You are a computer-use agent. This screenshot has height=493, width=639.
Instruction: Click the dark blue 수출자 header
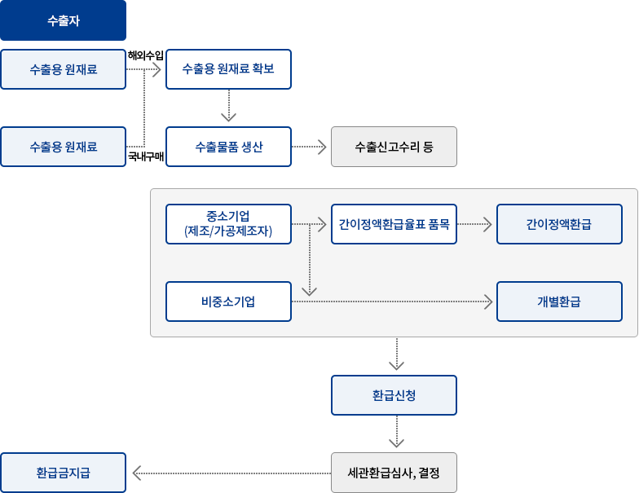[64, 20]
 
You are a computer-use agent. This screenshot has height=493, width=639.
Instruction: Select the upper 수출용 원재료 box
[64, 69]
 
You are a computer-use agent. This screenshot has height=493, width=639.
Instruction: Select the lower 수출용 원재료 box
[64, 147]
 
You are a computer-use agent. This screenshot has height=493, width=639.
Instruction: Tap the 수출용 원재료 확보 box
[228, 69]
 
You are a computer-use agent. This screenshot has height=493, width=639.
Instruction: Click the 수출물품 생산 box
[228, 147]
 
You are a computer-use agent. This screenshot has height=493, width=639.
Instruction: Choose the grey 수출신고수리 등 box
[394, 147]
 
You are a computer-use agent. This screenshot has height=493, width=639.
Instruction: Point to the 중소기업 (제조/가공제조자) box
[228, 223]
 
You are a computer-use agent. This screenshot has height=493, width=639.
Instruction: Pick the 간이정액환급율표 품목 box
[394, 223]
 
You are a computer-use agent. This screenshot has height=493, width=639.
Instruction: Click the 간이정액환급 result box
[559, 223]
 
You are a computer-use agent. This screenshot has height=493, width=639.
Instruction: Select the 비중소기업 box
[228, 302]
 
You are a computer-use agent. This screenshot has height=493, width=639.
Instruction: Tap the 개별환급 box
[559, 302]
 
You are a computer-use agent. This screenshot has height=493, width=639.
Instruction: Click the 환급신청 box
[394, 395]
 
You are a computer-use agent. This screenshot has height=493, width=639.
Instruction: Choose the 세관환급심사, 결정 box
[394, 473]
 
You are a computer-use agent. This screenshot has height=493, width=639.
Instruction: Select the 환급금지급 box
[64, 473]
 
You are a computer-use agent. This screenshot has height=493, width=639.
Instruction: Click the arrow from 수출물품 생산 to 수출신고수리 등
[309, 147]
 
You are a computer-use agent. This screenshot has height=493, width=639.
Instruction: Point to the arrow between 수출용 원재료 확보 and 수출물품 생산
[228, 107]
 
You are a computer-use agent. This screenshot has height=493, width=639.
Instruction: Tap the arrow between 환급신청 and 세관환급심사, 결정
[396, 434]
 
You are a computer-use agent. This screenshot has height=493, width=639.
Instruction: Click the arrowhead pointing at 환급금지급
[148, 473]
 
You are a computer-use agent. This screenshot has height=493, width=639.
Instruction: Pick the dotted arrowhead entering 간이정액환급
[489, 223]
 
